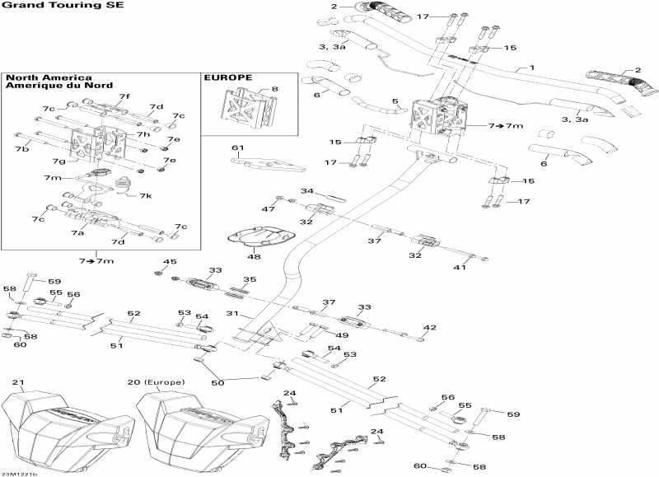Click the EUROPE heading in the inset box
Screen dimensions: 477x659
(227, 77)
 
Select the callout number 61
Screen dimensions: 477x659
(238, 147)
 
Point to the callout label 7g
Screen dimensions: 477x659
(60, 161)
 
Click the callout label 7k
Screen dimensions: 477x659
(145, 196)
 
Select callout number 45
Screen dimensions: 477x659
(170, 262)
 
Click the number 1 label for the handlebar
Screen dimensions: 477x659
(532, 67)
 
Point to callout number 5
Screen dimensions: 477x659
(395, 101)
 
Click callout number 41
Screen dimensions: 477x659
(461, 268)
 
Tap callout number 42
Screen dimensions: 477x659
(428, 328)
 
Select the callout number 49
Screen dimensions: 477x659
(343, 335)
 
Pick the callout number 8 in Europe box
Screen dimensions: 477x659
(274, 88)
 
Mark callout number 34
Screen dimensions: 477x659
(306, 191)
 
